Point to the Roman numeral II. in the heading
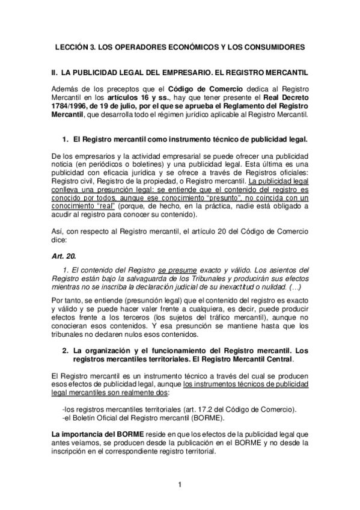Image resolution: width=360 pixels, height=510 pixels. (x=55, y=72)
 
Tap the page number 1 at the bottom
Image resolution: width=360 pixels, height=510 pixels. (x=180, y=484)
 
